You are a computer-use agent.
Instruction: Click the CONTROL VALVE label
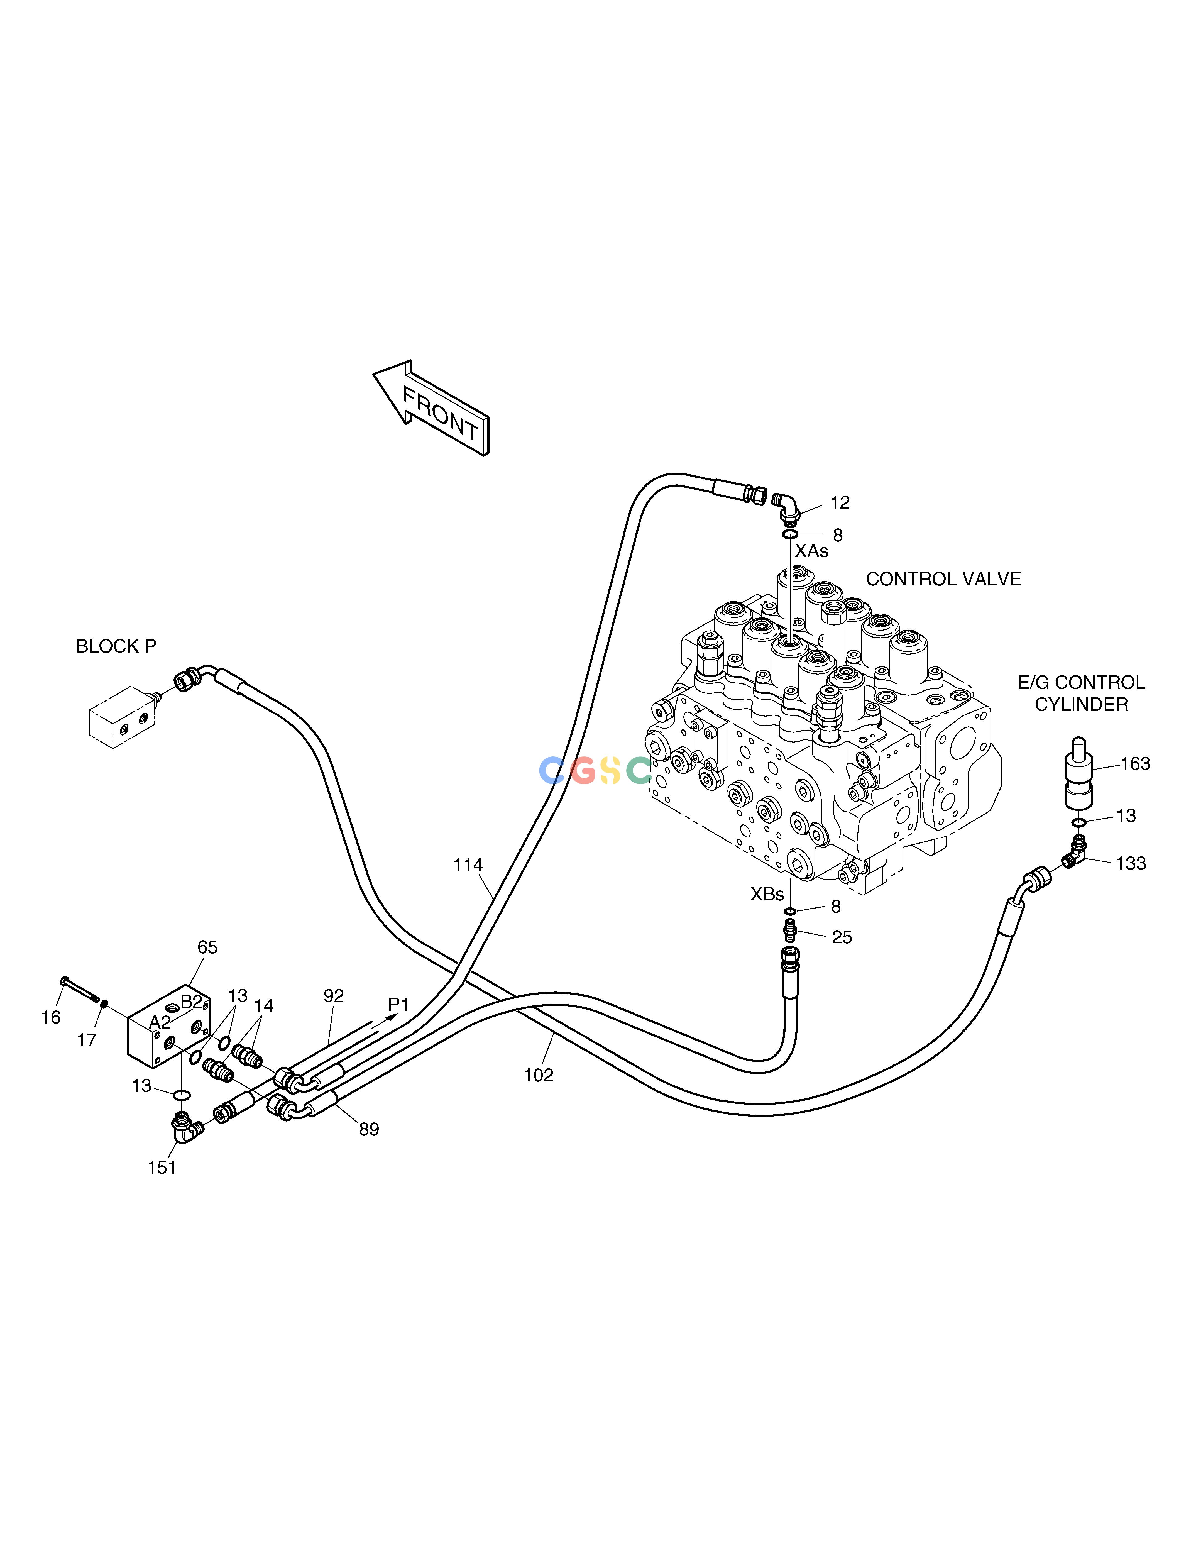coord(943,579)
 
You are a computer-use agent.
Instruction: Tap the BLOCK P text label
coord(116,646)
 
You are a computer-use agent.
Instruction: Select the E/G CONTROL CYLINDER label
coord(1081,693)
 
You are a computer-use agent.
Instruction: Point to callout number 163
coord(1135,763)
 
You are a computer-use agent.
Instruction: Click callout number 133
coord(1131,863)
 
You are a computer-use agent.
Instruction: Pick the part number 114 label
coord(468,865)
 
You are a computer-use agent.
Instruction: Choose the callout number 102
coord(538,1075)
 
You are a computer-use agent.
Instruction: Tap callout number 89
coord(369,1130)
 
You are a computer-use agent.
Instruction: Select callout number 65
coord(207,947)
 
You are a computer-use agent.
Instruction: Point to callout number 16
coord(51,1017)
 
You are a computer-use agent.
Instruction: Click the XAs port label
coord(811,550)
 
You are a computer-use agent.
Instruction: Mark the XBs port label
coord(767,894)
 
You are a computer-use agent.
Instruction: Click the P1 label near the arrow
coord(399,1004)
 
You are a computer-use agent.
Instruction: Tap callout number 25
coord(842,937)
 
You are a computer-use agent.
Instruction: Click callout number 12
coord(840,502)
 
